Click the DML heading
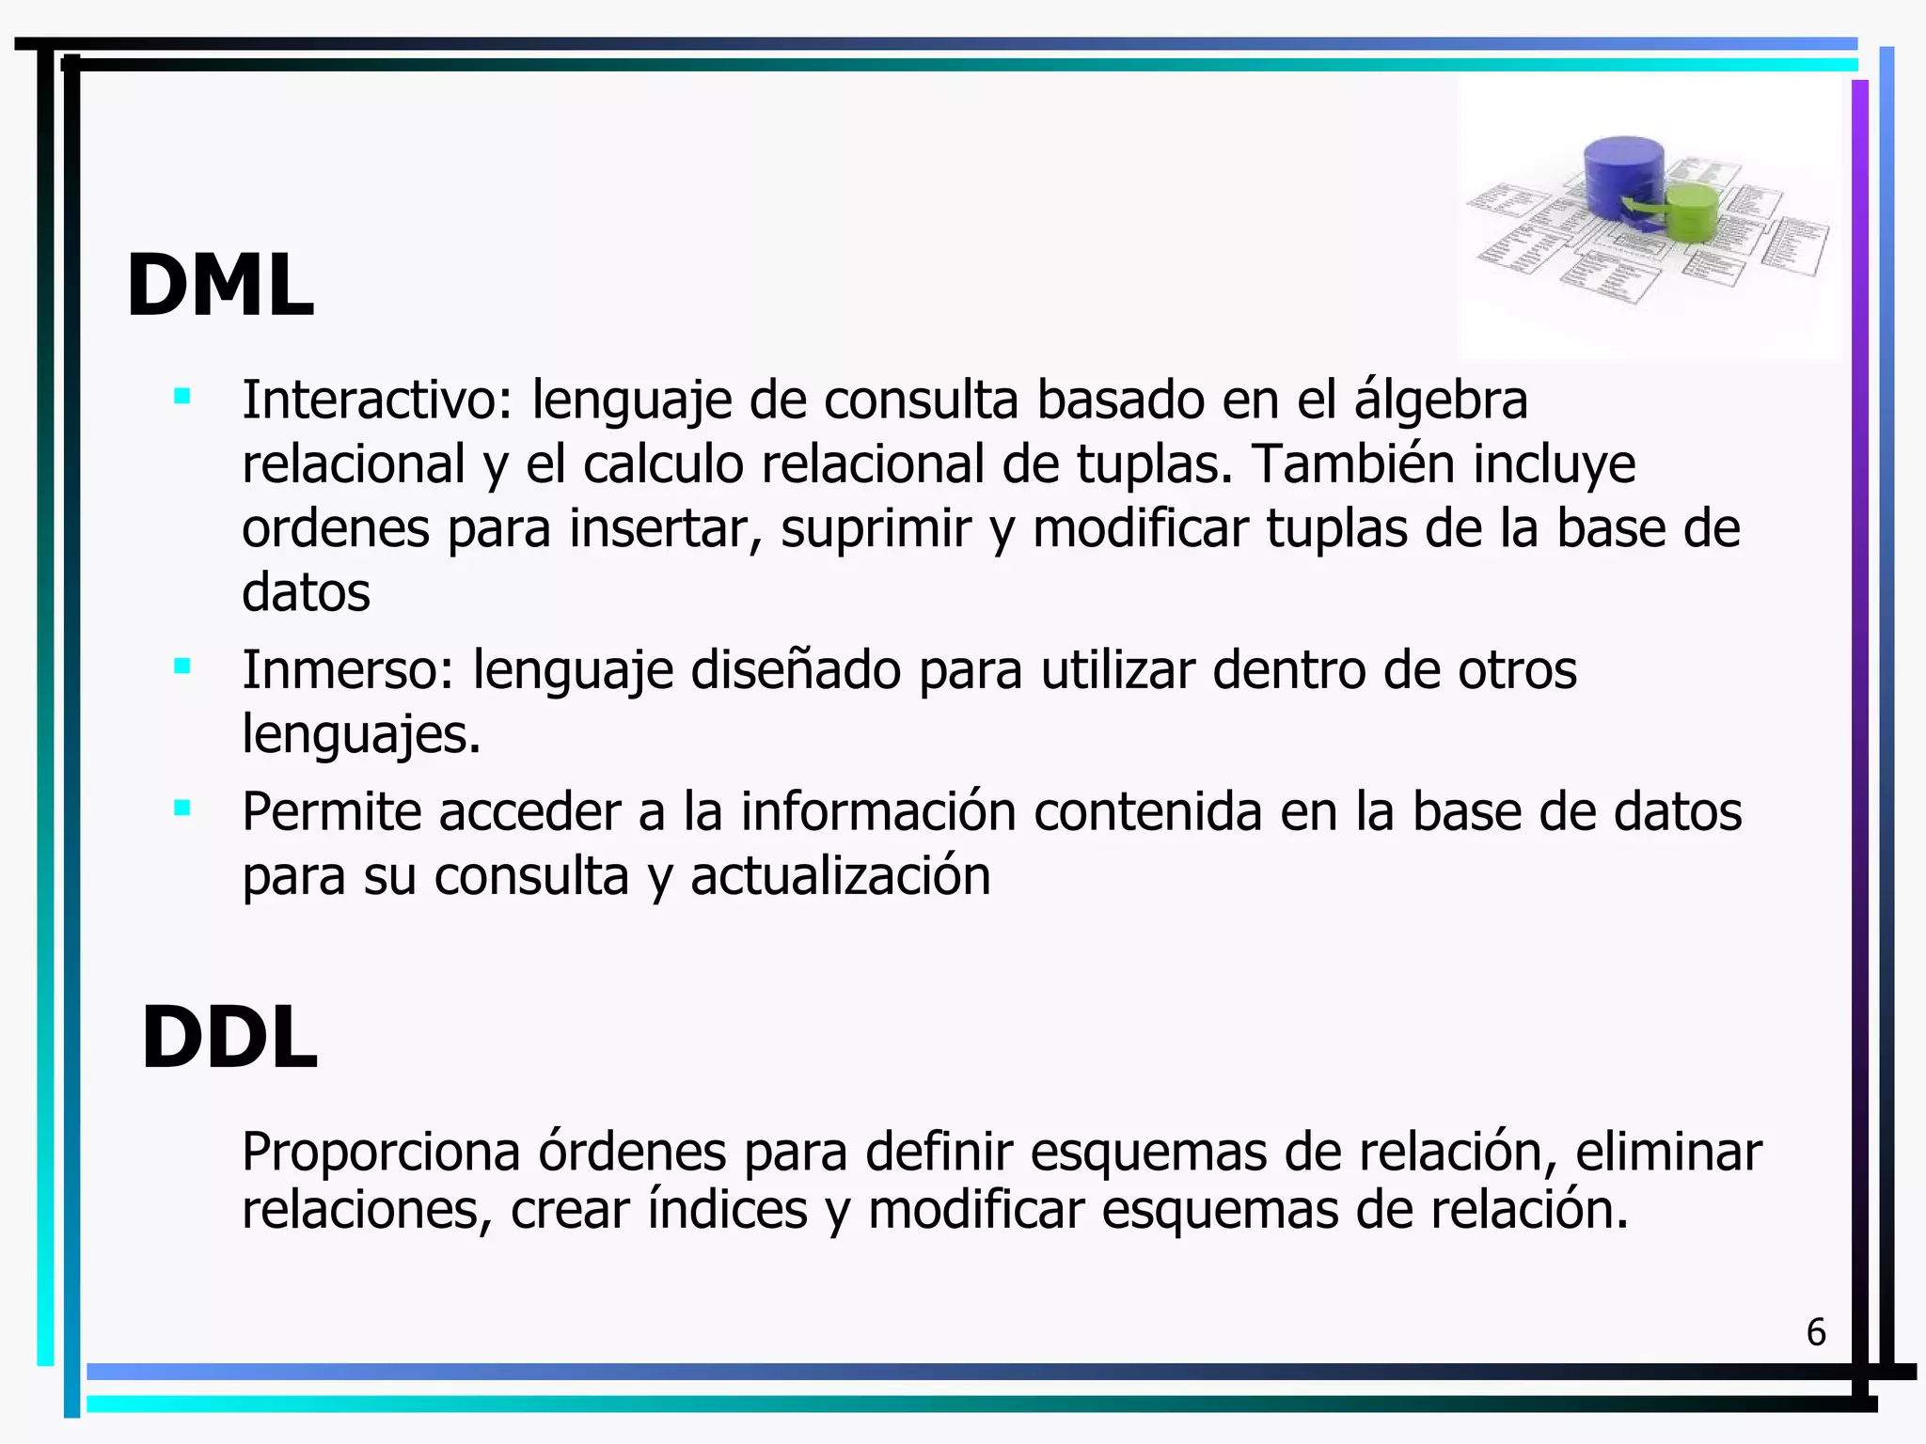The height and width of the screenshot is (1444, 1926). tap(220, 286)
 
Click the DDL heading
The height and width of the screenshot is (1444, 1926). tap(229, 1037)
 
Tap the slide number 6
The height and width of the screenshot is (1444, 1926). tap(1816, 1332)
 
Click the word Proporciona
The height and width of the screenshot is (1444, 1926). tap(381, 1152)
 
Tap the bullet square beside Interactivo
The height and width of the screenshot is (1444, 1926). tap(182, 397)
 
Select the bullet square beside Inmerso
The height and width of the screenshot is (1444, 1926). tap(182, 667)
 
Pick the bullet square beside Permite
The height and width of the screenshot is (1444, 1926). tap(182, 808)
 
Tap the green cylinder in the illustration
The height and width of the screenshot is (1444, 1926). tap(1692, 212)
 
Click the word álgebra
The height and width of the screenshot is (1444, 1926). tap(1441, 400)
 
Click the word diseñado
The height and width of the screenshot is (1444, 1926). tap(796, 670)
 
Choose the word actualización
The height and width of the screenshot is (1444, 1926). tap(841, 876)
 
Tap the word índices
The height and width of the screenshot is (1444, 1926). tap(727, 1210)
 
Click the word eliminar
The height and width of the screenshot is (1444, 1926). tap(1668, 1152)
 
